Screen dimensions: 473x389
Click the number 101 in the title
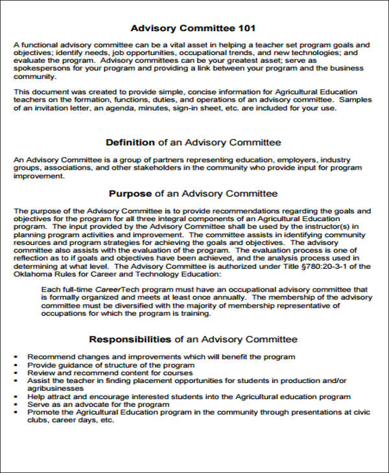pyautogui.click(x=246, y=28)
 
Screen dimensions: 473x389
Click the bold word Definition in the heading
pyautogui.click(x=130, y=142)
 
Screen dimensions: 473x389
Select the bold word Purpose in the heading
pyautogui.click(x=129, y=193)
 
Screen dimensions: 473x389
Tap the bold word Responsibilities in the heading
pyautogui.click(x=130, y=339)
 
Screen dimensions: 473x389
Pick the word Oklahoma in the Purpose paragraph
pyautogui.click(x=33, y=273)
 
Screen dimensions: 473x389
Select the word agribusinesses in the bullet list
pyautogui.click(x=54, y=389)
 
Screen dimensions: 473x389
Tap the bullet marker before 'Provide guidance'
pyautogui.click(x=16, y=365)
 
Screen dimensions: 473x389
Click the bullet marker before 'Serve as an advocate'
pyautogui.click(x=16, y=404)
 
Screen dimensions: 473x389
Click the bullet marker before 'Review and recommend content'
pyautogui.click(x=16, y=373)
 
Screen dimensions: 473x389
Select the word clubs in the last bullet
pyautogui.click(x=38, y=419)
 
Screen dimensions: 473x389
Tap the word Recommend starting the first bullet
pyautogui.click(x=49, y=357)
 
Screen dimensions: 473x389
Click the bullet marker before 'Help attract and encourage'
pyautogui.click(x=16, y=397)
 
